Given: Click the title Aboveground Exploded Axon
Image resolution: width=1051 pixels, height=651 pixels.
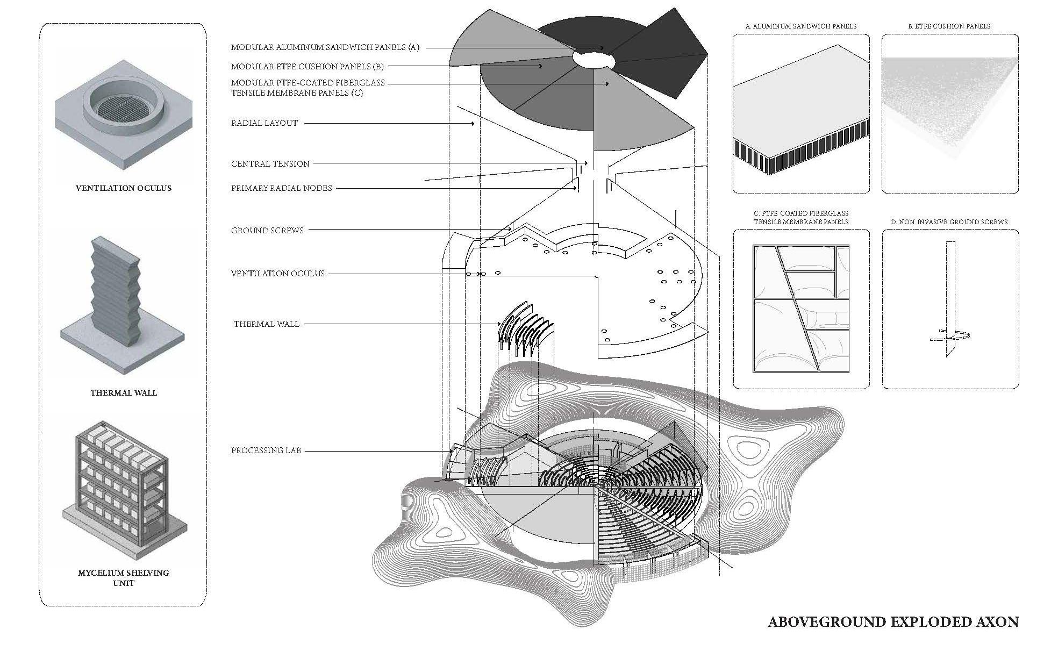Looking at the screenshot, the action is [x=893, y=622].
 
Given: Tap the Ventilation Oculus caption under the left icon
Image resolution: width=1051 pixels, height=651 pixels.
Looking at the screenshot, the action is [x=124, y=188].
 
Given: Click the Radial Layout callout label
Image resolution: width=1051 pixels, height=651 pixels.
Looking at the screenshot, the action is [x=264, y=123].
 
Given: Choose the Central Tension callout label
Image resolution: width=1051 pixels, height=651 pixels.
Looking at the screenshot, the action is [x=270, y=163].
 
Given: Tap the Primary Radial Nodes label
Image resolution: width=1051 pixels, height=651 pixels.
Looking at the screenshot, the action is [x=281, y=188].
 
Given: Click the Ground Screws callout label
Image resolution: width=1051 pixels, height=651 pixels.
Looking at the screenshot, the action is [x=267, y=231].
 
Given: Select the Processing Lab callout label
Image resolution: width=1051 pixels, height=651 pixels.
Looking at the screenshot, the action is [x=266, y=450].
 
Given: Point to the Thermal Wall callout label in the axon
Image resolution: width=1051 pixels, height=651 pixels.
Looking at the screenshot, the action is [x=266, y=324].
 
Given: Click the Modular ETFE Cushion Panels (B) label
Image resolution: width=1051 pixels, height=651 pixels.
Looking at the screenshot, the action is [x=307, y=67].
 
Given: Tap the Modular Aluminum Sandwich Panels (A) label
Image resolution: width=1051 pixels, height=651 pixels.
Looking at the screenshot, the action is [x=325, y=47].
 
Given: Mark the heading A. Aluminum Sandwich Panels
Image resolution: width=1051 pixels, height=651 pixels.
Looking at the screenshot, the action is [x=800, y=26].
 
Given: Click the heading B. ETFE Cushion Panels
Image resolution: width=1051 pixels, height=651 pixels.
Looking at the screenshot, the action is [x=949, y=26].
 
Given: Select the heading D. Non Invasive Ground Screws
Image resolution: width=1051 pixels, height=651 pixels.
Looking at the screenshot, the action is [x=949, y=221].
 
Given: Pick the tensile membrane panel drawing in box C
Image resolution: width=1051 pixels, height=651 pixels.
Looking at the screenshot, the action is [x=801, y=309].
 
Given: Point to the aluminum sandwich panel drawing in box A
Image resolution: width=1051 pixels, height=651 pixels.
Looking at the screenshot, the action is [x=800, y=113].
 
